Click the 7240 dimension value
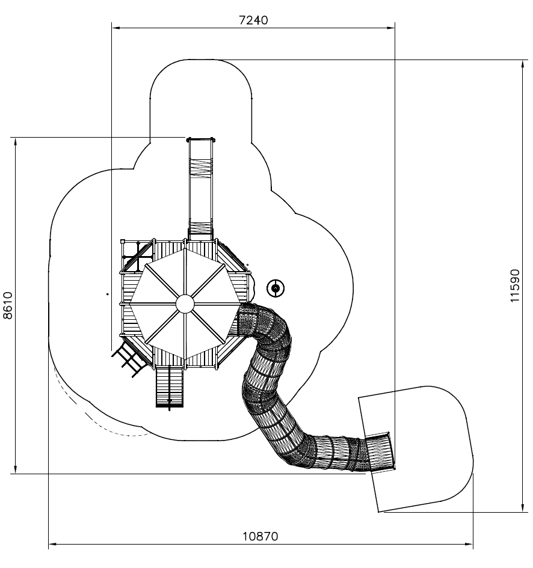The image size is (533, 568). pyautogui.click(x=253, y=20)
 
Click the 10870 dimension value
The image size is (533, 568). pyautogui.click(x=260, y=536)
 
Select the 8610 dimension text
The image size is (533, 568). pyautogui.click(x=8, y=305)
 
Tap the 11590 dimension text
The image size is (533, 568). pyautogui.click(x=515, y=286)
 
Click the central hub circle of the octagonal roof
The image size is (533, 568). pyautogui.click(x=185, y=304)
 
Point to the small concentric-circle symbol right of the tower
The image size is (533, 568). pyautogui.click(x=276, y=289)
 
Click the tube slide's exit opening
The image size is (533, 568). pyautogui.click(x=380, y=452)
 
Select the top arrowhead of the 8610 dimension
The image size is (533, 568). pyautogui.click(x=15, y=142)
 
